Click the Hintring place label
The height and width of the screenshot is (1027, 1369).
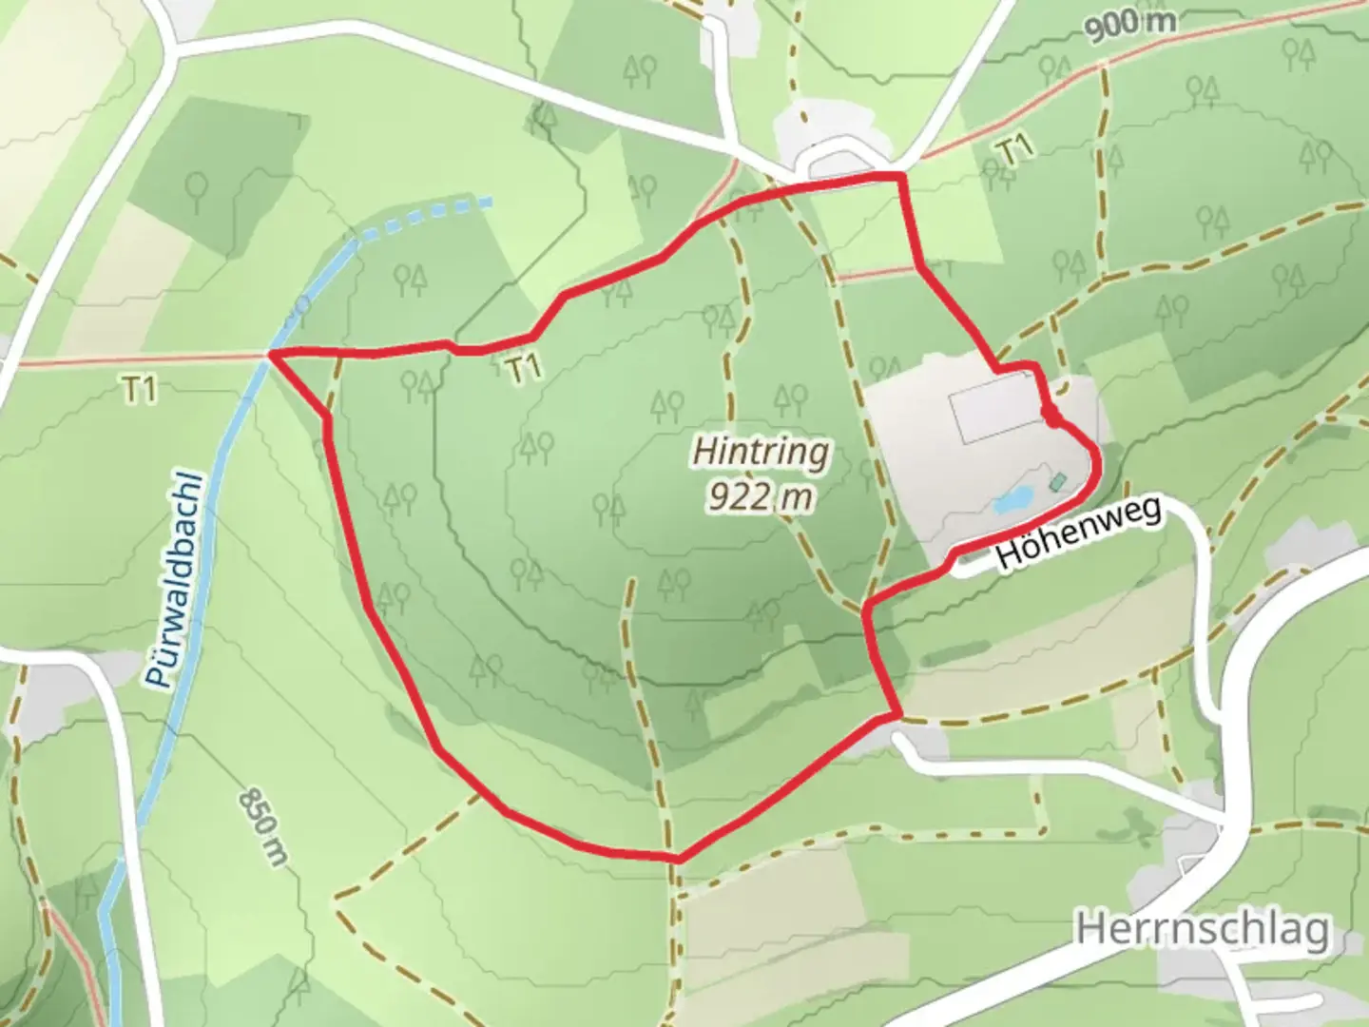[x=760, y=452]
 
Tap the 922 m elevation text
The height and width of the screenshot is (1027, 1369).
[x=760, y=495]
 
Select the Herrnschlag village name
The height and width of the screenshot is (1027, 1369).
[x=1203, y=928]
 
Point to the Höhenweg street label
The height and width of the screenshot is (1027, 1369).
[x=1079, y=534]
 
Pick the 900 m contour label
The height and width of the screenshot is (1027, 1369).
[x=1129, y=25]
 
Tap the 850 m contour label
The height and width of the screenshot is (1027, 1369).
[x=263, y=826]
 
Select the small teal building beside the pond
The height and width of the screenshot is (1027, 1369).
[x=1057, y=481]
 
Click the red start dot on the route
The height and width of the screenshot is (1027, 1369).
[x=1051, y=416]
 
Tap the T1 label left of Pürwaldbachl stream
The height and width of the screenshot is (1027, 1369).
[x=139, y=388]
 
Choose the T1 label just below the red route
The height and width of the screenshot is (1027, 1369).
[x=524, y=367]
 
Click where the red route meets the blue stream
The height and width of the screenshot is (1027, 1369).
[x=271, y=354]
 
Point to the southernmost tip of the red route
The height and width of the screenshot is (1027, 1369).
[x=677, y=859]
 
